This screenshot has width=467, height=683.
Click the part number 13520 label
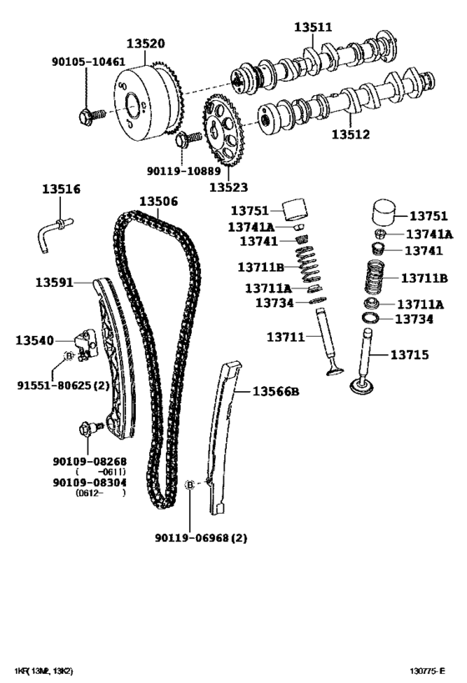(145, 44)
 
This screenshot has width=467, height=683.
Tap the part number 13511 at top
(313, 28)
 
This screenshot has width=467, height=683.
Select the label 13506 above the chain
(158, 202)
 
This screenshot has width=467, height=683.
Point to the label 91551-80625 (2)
(63, 385)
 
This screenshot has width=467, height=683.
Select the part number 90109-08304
(89, 482)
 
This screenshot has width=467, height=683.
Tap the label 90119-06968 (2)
(201, 538)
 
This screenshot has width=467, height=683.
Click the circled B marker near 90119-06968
(189, 485)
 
